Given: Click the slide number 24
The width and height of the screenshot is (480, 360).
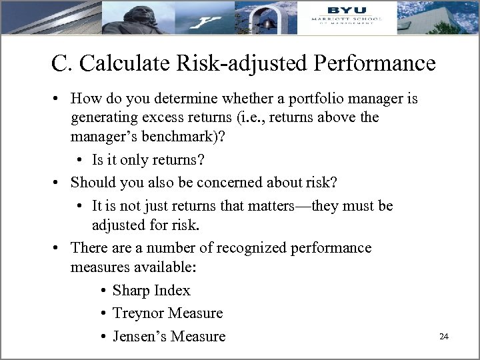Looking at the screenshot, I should click(443, 336).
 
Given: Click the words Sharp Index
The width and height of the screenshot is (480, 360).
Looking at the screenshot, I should click(151, 291).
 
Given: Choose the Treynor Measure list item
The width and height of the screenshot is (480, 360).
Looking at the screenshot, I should click(167, 313).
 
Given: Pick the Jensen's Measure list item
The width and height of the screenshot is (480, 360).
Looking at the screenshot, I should click(169, 336).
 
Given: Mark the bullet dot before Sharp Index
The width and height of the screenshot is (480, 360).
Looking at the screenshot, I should click(105, 291).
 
